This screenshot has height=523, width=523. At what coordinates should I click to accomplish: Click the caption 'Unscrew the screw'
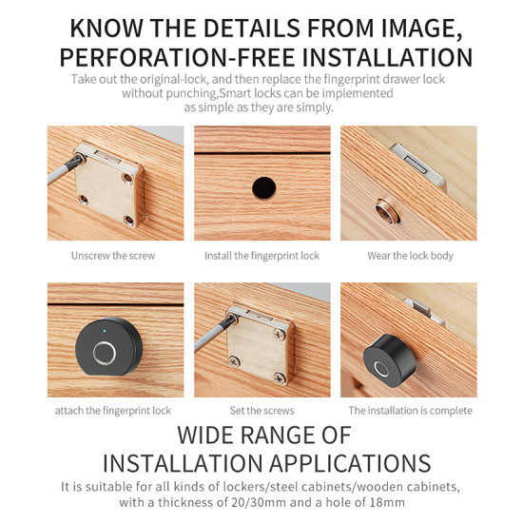pyautogui.click(x=112, y=256)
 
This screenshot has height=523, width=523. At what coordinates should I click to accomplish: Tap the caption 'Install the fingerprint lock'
pyautogui.click(x=261, y=256)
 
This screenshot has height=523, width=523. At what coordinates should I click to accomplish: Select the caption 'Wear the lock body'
pyautogui.click(x=410, y=256)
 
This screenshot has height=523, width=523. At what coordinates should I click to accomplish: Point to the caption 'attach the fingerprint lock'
pyautogui.click(x=113, y=411)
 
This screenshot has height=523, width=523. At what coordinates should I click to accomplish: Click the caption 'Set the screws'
pyautogui.click(x=261, y=411)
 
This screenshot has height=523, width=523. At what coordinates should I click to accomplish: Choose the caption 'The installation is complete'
pyautogui.click(x=410, y=411)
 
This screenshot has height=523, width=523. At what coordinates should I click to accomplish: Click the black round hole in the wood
pyautogui.click(x=261, y=186)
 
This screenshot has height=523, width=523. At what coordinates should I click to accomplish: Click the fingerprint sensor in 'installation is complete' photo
pyautogui.click(x=381, y=371)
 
